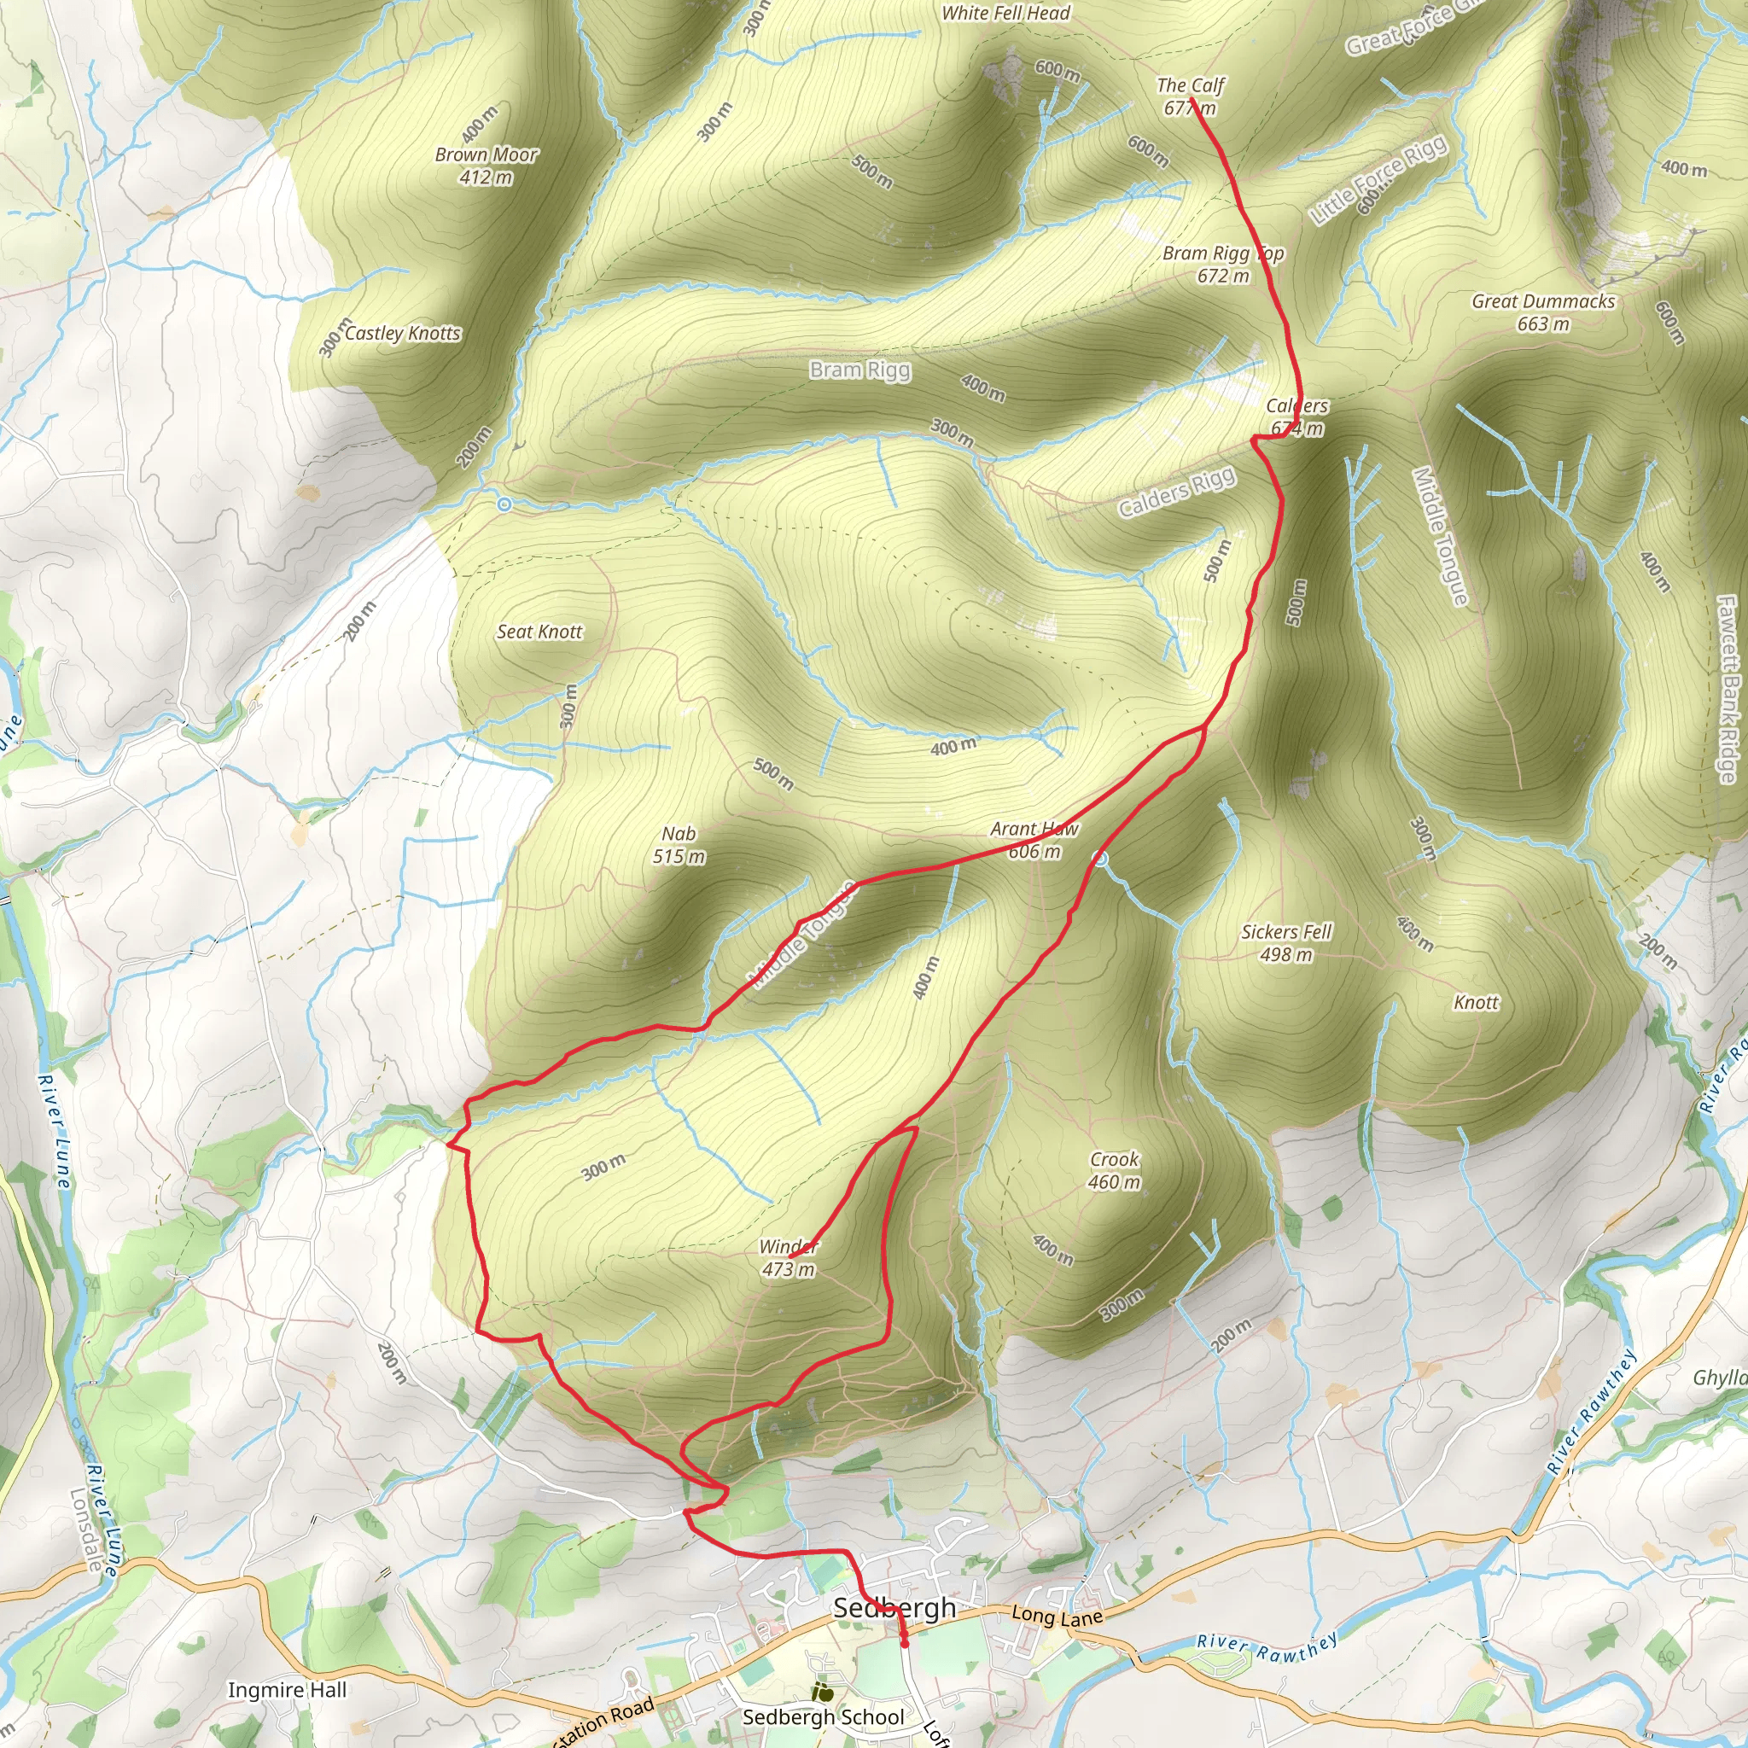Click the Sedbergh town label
(x=894, y=1608)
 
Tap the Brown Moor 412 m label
(x=486, y=166)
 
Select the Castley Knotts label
(x=403, y=333)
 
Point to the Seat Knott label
(x=539, y=632)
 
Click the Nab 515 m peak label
(x=679, y=844)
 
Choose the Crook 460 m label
(x=1114, y=1170)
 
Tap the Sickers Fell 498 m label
(x=1285, y=943)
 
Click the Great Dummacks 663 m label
(x=1542, y=312)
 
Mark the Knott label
(x=1476, y=1003)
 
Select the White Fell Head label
(x=1005, y=14)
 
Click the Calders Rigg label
(x=1176, y=493)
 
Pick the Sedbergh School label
(x=823, y=1717)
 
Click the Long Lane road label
(x=1057, y=1615)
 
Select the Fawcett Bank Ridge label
(x=1728, y=689)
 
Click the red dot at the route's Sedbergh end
(x=905, y=1645)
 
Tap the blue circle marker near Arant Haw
(x=1100, y=858)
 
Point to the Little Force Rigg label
(x=1377, y=181)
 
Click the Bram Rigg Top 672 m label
(x=1223, y=265)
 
